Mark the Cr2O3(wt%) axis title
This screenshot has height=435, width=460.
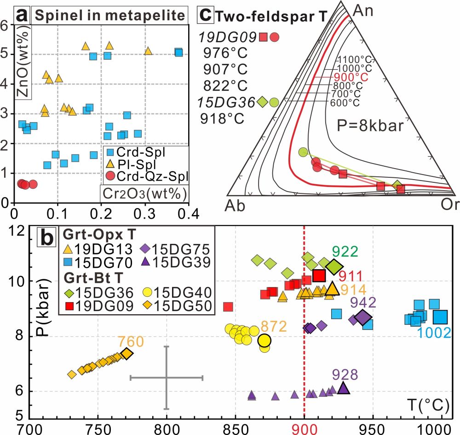pos(143,192)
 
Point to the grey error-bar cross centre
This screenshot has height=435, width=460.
pos(167,378)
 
